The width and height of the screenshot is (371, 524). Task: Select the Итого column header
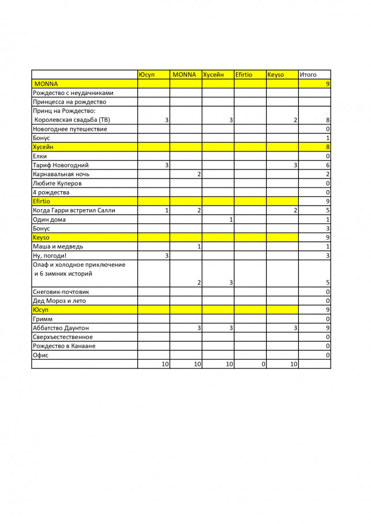pos(308,75)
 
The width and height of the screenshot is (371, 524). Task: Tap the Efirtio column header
pos(243,75)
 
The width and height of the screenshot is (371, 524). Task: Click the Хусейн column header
pos(213,75)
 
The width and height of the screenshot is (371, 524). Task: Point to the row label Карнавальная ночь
pos(61,174)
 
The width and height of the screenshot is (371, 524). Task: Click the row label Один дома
pos(49,219)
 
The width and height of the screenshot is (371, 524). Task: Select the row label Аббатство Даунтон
pos(63,328)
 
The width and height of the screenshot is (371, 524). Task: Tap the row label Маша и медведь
pos(58,246)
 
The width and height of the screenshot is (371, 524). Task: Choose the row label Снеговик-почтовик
pos(61,292)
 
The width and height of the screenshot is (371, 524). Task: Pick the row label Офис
pos(41,355)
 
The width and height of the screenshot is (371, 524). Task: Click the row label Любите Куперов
pos(57,183)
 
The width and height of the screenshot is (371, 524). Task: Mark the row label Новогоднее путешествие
pos(70,129)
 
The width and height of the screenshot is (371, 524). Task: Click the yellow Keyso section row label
pos(41,237)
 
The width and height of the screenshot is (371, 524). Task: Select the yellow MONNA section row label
pos(46,84)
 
